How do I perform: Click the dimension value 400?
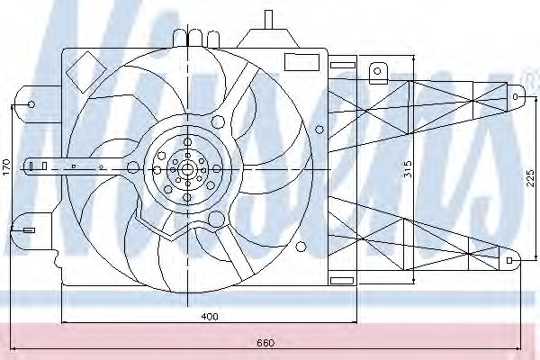[x=210, y=316]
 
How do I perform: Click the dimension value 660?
[x=265, y=343]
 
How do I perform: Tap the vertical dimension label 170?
[x=6, y=166]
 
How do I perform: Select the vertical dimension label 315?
[x=408, y=169]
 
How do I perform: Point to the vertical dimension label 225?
[x=531, y=178]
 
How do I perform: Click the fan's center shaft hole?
[x=187, y=169]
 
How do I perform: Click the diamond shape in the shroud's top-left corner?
[x=86, y=72]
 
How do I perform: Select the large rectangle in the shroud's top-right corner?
[x=301, y=62]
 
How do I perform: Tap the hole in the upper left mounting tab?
[x=31, y=104]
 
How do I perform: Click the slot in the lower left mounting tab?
[x=29, y=230]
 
